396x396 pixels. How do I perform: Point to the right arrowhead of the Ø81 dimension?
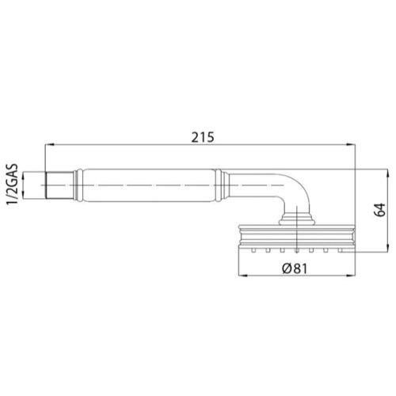[349, 276]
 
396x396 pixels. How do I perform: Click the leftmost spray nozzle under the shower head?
[253, 249]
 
